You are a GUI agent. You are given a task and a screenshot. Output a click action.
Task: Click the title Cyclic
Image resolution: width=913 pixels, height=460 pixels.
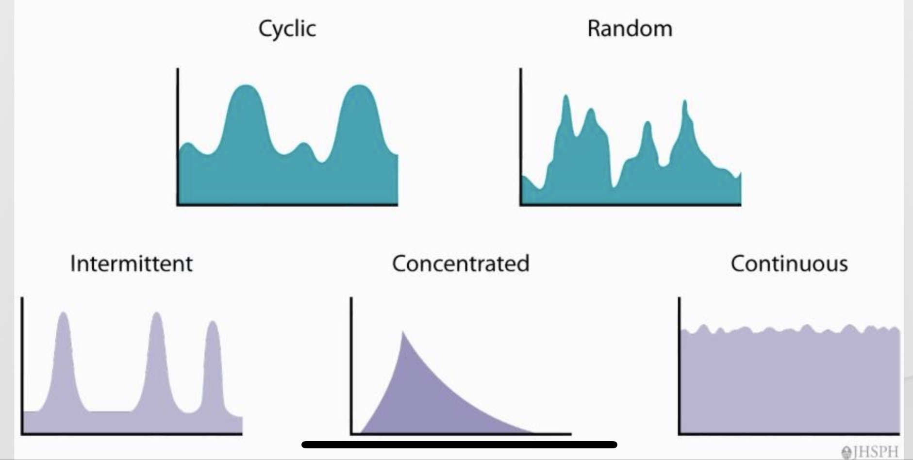pos(287,29)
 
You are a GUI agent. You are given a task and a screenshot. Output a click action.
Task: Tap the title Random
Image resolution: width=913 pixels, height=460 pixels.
pos(630,29)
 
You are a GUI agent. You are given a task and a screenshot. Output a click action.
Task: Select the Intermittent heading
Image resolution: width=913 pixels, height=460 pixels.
pos(131,263)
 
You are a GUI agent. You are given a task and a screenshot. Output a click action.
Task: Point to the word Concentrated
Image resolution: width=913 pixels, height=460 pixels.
pos(460,263)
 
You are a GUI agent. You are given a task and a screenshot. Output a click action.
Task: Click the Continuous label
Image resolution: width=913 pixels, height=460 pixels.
pos(789,263)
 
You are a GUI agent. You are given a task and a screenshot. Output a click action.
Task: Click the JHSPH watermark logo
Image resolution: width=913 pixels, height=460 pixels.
pos(872,452)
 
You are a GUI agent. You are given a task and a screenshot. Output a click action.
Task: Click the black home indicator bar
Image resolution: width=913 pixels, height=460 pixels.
pos(459,444)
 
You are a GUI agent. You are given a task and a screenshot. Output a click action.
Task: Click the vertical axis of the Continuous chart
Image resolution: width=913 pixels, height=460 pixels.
pos(679,364)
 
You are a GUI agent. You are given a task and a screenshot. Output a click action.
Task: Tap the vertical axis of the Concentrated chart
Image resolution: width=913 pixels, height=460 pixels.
pos(351,364)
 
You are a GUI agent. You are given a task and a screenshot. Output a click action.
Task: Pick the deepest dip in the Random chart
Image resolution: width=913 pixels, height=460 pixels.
pos(614,184)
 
